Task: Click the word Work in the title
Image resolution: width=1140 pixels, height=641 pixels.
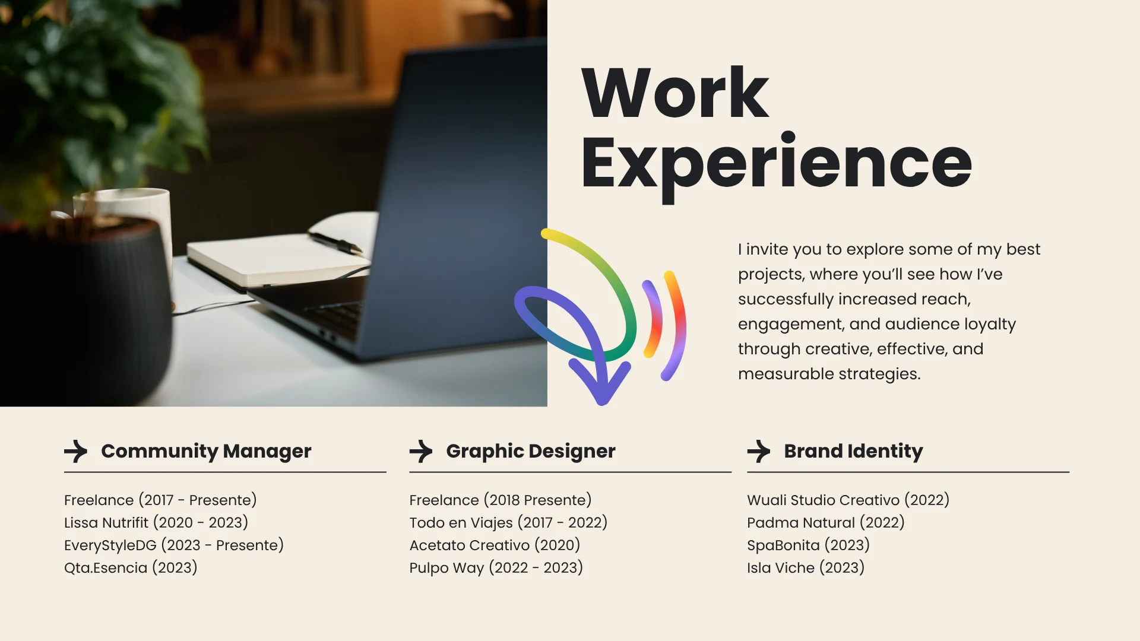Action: click(x=675, y=93)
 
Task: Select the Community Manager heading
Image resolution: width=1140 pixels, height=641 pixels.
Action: click(x=206, y=452)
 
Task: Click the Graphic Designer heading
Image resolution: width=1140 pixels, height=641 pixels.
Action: click(x=531, y=452)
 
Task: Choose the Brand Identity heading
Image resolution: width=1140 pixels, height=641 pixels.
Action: click(x=853, y=452)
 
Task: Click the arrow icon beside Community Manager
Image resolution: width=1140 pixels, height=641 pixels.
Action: click(x=76, y=451)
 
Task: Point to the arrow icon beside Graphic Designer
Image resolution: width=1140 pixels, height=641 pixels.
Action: click(x=421, y=451)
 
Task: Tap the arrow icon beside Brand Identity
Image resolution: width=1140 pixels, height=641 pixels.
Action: click(x=759, y=451)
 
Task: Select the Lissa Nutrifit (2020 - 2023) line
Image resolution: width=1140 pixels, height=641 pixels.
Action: click(x=156, y=523)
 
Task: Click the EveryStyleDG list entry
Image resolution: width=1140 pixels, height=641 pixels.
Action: click(x=174, y=545)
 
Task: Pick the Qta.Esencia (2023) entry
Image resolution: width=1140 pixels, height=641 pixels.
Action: click(x=131, y=568)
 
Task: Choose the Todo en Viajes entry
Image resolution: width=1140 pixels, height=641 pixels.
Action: click(x=508, y=523)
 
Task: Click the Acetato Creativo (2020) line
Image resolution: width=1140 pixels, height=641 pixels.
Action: click(x=495, y=545)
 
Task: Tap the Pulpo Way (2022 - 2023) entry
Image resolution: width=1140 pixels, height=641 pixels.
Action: click(x=496, y=568)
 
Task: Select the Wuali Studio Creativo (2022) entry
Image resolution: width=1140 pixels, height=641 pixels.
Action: click(x=848, y=500)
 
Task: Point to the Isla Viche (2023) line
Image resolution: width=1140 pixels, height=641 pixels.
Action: click(x=806, y=568)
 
